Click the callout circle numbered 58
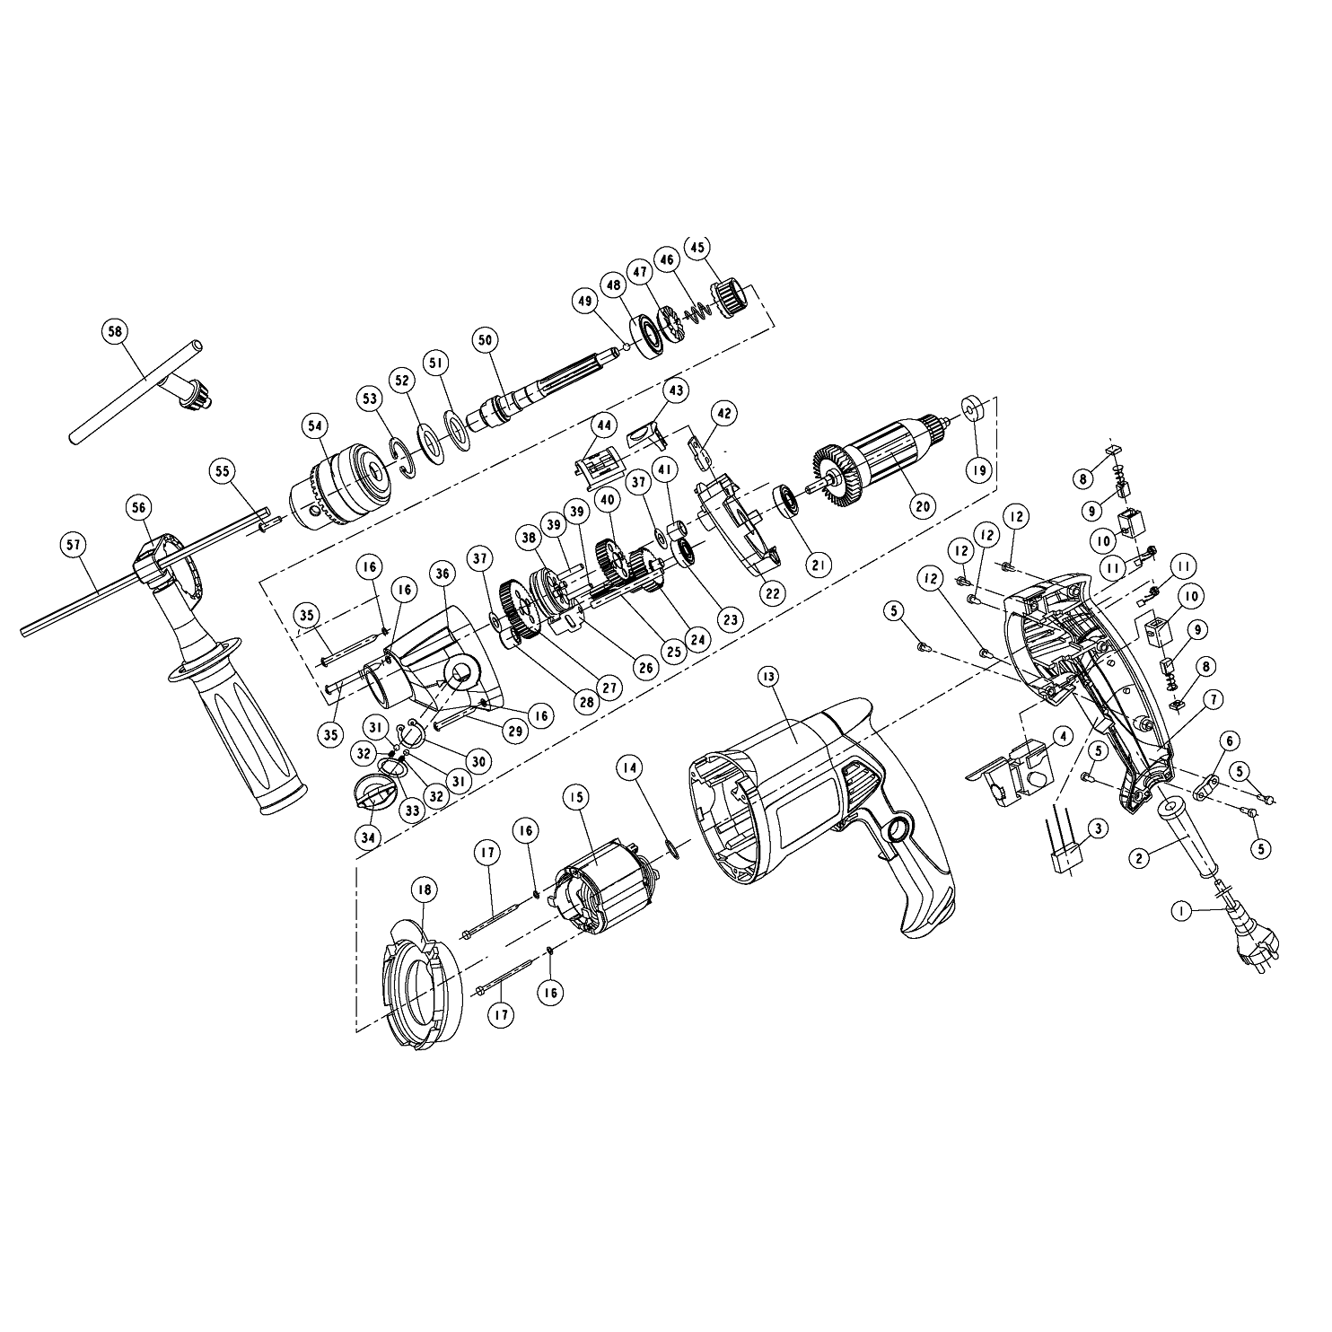[x=114, y=331]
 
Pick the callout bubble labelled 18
[x=423, y=889]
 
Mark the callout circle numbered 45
[x=697, y=247]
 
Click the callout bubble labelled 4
[x=1062, y=737]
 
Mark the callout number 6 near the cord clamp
[x=1229, y=738]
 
